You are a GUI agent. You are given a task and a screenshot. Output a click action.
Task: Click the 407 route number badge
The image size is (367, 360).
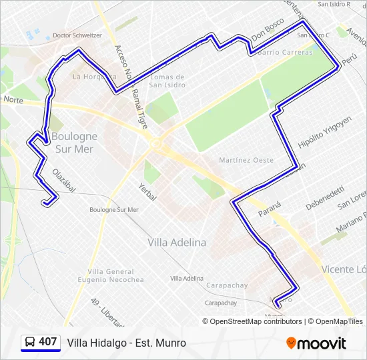pyautogui.click(x=47, y=342)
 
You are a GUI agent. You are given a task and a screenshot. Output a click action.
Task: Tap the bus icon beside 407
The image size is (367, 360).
pyautogui.click(x=30, y=343)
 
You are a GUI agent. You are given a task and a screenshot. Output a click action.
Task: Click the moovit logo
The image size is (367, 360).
pyautogui.click(x=316, y=343)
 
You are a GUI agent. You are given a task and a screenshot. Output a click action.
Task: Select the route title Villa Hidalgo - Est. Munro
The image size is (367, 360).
pyautogui.click(x=126, y=343)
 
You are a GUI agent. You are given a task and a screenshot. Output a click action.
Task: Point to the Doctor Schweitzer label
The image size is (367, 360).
pyautogui.click(x=77, y=35)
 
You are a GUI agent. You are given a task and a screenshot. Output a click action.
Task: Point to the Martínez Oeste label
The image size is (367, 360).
pyautogui.click(x=246, y=160)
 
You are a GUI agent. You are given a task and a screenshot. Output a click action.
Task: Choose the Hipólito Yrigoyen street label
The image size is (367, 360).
pyautogui.click(x=324, y=133)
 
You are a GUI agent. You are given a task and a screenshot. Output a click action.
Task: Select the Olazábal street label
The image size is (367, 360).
pyautogui.click(x=65, y=179)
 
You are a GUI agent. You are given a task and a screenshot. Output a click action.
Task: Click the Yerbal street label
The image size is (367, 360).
pyautogui.click(x=147, y=192)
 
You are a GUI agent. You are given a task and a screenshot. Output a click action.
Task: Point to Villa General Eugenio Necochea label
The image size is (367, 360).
pyautogui.click(x=115, y=275)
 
